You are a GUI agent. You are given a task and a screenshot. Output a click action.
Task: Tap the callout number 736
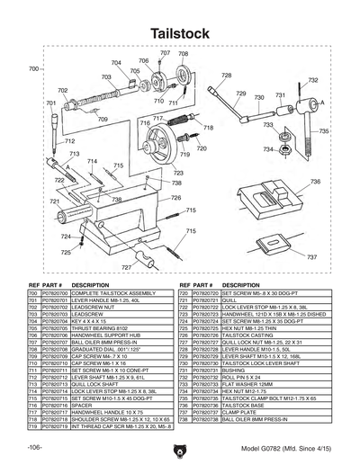point(315,182)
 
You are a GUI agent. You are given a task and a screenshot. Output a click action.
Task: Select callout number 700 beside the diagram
point(33,69)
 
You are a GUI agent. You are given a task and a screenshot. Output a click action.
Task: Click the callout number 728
point(226,76)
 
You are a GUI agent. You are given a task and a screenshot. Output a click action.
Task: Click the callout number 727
point(126,267)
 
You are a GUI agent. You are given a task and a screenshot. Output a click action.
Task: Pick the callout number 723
point(178,173)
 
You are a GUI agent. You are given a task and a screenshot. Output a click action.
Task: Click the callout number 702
point(62,91)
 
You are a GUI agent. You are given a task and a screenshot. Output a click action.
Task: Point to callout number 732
point(313,80)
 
